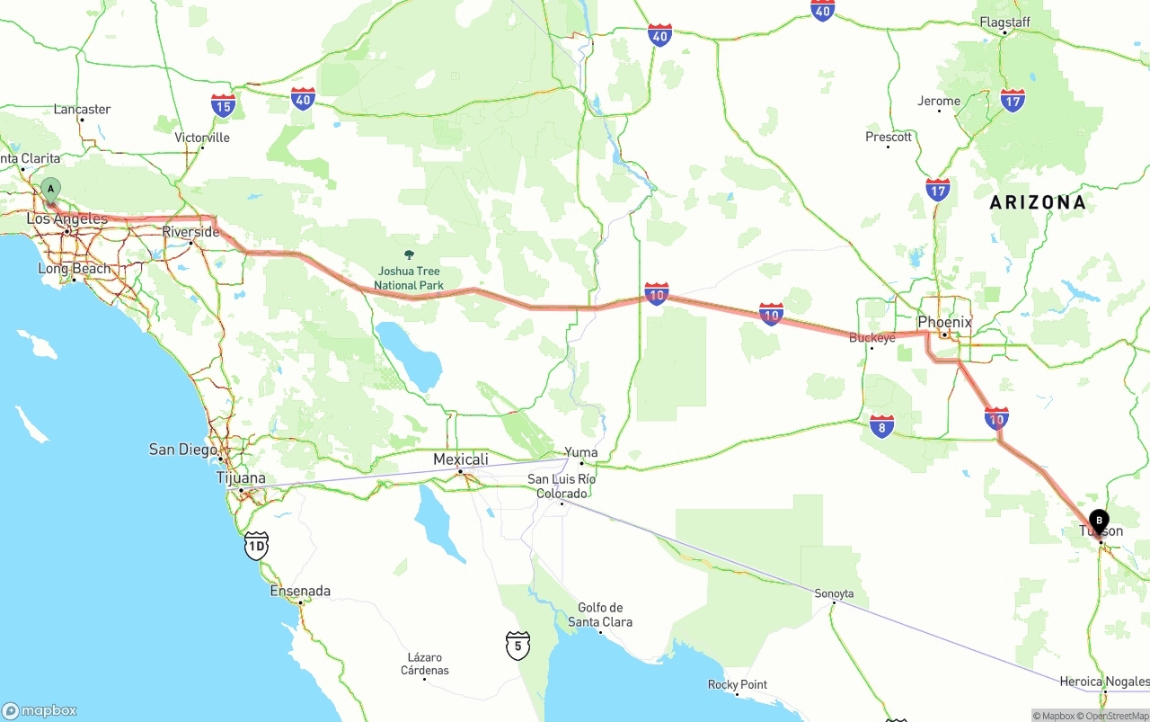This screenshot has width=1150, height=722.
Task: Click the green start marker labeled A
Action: [x=51, y=190]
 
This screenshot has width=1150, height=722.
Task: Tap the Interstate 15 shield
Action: [x=224, y=105]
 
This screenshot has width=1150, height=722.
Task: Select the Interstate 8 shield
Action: [x=882, y=426]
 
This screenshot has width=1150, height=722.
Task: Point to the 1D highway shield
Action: [x=257, y=545]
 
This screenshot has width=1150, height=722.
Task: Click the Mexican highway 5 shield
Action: [x=517, y=645]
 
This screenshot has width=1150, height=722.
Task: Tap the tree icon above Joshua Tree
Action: [x=410, y=256]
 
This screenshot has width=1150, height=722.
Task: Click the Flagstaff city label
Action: [x=1004, y=22]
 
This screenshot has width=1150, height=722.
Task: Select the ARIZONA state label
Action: [x=1038, y=202]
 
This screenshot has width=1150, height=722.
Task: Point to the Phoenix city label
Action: [x=944, y=322]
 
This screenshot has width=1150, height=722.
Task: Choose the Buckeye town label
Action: [x=871, y=338]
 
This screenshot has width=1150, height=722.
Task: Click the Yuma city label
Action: [x=581, y=452]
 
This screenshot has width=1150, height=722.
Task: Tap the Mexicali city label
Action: [x=461, y=459]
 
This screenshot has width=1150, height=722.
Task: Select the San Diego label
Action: [x=183, y=449]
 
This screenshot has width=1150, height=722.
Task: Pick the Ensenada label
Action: [x=300, y=591]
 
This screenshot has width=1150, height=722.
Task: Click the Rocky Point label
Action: [x=737, y=684]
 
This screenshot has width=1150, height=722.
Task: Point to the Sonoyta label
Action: [x=834, y=593]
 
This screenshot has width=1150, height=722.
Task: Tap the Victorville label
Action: [x=202, y=138]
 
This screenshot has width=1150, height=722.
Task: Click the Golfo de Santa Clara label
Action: [x=600, y=615]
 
